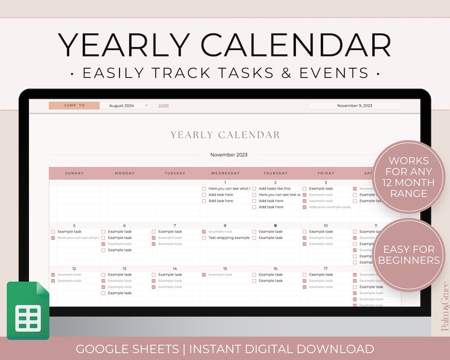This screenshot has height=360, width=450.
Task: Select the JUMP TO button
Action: [x=74, y=105]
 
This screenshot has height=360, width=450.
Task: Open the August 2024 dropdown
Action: [x=125, y=105]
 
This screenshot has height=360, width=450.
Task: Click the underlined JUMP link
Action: [x=163, y=105]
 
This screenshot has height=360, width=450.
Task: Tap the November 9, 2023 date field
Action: [x=354, y=105]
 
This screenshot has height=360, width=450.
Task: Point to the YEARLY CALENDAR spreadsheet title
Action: [x=225, y=135]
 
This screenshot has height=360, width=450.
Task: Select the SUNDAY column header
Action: [x=74, y=173]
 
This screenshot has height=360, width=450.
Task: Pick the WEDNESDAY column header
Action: [x=225, y=173]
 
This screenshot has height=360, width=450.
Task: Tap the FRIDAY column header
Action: [x=325, y=173]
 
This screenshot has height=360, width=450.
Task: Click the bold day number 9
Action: [x=275, y=225]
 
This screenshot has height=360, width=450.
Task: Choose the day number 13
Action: [x=125, y=268]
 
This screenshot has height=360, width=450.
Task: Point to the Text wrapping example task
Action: [x=229, y=238]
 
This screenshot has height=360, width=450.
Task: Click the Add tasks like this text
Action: [x=274, y=188]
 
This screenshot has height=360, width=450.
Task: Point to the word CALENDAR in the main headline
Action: [x=301, y=45]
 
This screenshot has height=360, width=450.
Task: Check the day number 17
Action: [x=325, y=268]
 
